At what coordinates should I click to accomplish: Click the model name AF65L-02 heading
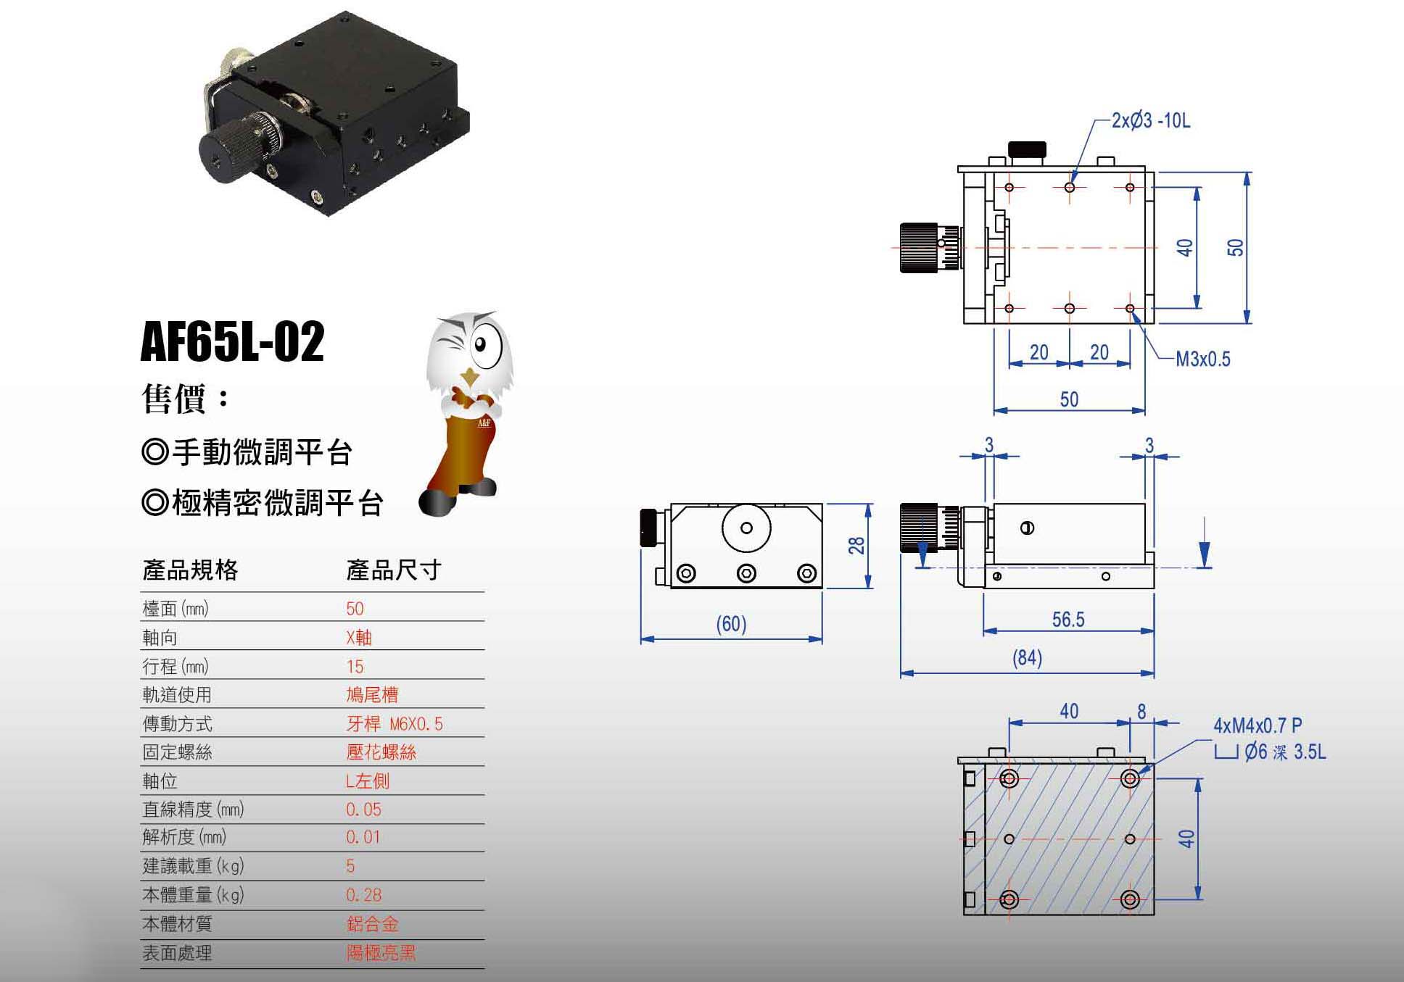tap(232, 341)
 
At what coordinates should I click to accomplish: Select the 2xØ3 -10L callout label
tap(1151, 121)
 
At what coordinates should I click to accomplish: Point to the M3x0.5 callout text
tap(1202, 359)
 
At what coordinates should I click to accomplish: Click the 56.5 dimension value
tap(1068, 620)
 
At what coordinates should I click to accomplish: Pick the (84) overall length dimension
tap(1027, 658)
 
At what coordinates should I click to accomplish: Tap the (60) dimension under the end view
tap(731, 624)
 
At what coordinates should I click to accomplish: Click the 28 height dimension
tap(856, 546)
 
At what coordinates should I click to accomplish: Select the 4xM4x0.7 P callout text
tap(1258, 725)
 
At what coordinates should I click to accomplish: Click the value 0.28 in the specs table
tap(363, 895)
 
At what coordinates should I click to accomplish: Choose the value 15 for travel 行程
tap(355, 667)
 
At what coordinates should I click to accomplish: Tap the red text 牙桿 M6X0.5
tap(394, 724)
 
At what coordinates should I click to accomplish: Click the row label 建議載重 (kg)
tap(193, 866)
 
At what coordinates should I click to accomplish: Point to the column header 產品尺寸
tap(394, 570)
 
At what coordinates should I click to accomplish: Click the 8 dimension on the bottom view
tap(1141, 712)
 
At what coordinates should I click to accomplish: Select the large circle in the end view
tap(746, 528)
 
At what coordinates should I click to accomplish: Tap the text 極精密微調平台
tap(277, 503)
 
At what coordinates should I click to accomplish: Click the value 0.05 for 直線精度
tap(363, 810)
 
